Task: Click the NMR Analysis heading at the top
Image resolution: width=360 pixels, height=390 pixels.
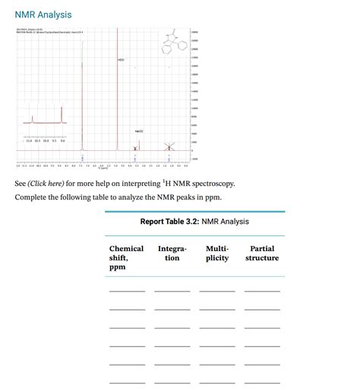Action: pos(43,14)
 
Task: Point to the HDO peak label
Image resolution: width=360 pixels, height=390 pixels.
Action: pos(121,59)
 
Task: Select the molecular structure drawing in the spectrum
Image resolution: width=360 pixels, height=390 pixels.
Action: pos(169,41)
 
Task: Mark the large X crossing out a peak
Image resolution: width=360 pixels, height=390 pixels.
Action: pos(170,146)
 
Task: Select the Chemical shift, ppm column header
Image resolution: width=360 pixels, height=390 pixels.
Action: pos(126,258)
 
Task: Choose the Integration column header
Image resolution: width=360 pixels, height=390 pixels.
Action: pos(172,253)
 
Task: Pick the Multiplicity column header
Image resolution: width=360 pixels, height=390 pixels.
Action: pos(217,253)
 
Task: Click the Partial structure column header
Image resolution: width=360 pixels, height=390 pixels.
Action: pos(262,253)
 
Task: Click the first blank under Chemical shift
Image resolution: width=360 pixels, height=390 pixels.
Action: pos(127,290)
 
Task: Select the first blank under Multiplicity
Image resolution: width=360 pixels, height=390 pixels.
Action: pos(217,290)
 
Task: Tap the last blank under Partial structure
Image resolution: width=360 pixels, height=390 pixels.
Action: pos(262,381)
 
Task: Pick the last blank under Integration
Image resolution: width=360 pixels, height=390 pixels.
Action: pos(172,381)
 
